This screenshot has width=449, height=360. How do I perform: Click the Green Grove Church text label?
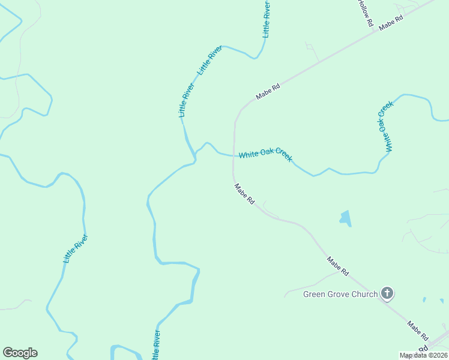[x=340, y=294]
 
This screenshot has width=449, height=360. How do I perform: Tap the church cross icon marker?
[x=387, y=293]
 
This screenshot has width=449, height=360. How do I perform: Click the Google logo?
[x=20, y=353]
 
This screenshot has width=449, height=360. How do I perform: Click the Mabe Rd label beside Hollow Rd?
[x=391, y=21]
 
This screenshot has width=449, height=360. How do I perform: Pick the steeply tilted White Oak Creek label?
[x=385, y=126]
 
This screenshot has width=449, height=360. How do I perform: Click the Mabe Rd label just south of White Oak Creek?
[x=244, y=194]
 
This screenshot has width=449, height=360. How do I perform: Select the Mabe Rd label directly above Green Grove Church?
[x=337, y=266]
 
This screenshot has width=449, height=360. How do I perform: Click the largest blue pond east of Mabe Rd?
[x=345, y=218]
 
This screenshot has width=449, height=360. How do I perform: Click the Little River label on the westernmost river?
[x=76, y=248]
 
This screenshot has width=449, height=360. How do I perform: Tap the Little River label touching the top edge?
[x=266, y=19]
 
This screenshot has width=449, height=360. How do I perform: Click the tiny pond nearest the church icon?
[x=424, y=299]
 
